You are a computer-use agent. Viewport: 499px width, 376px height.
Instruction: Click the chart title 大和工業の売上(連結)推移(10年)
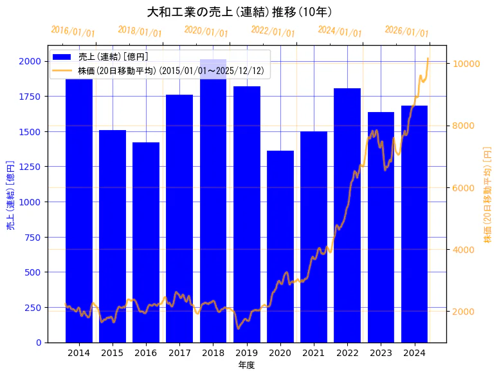point(239,12)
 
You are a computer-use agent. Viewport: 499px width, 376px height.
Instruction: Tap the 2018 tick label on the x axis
point(213,353)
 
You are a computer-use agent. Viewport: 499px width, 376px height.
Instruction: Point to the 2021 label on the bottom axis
point(314,353)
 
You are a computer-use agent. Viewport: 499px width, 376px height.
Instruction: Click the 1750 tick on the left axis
point(30,97)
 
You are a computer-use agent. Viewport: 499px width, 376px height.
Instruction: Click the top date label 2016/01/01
point(73,32)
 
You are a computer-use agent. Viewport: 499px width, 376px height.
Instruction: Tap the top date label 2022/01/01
point(273,32)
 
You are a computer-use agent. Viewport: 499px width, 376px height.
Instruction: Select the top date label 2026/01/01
point(406,32)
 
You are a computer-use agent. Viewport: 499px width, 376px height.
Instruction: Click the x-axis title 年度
point(246,365)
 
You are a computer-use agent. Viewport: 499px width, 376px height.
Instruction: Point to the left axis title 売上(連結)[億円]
point(10,196)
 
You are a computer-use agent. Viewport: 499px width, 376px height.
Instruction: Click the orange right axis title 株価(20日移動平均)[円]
point(487,196)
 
